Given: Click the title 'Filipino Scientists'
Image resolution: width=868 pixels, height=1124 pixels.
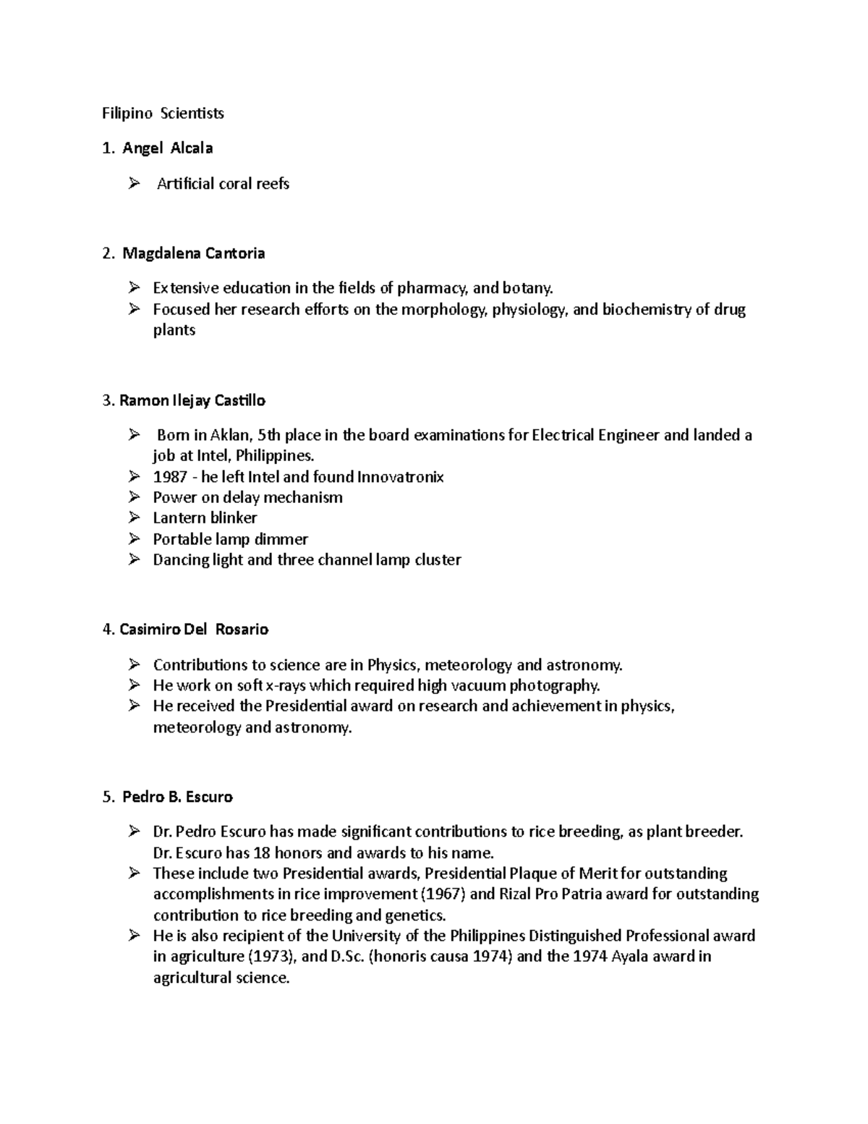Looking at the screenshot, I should click(x=163, y=113).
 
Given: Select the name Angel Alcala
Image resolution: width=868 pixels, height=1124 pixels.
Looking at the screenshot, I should click(x=167, y=148).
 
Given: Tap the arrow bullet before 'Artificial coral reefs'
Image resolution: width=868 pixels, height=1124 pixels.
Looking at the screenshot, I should click(x=133, y=184).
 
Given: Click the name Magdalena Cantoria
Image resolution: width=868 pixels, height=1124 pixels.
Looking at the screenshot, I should click(x=193, y=253).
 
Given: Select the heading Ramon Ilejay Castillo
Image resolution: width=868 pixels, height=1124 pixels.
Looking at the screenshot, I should click(x=192, y=400).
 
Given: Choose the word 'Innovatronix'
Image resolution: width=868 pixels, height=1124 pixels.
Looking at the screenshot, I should click(x=401, y=477).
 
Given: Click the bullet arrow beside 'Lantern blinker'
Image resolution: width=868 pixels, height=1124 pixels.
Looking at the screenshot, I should click(x=133, y=517).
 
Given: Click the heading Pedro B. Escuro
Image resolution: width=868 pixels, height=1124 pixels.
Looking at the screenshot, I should click(x=177, y=797).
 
